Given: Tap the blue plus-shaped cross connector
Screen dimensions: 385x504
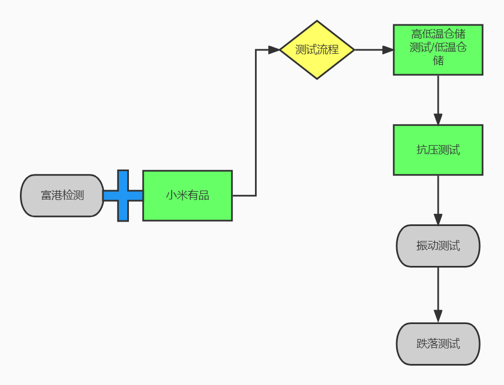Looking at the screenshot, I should click(x=123, y=196).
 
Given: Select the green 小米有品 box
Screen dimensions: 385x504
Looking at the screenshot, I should click(x=188, y=196).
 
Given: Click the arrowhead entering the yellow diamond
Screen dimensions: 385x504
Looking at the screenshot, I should click(x=274, y=50).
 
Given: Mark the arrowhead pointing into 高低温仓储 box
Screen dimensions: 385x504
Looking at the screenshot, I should click(x=388, y=50).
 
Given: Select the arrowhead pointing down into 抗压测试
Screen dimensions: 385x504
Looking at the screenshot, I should click(x=438, y=119).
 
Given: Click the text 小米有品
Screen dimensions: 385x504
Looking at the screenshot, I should click(x=188, y=196).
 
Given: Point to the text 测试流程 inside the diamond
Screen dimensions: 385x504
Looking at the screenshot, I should click(x=316, y=50).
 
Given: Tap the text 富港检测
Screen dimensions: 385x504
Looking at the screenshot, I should click(x=63, y=196).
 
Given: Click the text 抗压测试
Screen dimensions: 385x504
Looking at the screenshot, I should click(x=438, y=150).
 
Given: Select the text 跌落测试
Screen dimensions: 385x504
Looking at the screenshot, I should click(x=438, y=344).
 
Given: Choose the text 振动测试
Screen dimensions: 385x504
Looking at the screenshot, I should click(x=438, y=246).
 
